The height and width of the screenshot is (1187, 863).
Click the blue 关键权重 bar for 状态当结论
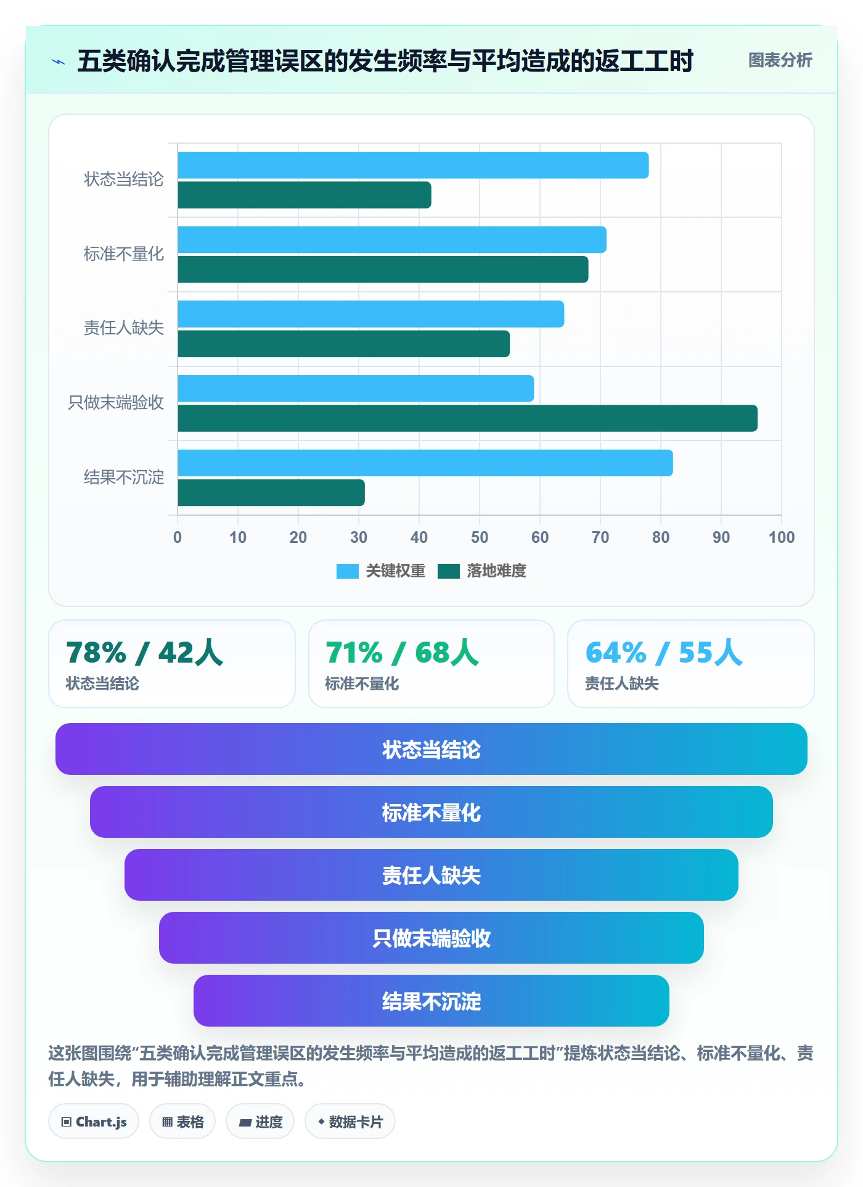click(x=413, y=165)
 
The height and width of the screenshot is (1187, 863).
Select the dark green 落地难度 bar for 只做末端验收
click(x=467, y=418)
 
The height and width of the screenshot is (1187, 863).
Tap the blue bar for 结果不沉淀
click(x=425, y=463)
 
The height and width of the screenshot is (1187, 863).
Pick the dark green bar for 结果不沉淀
click(x=271, y=492)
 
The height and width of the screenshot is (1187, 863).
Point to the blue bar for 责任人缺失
click(x=370, y=314)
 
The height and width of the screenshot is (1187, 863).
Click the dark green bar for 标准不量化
click(x=383, y=270)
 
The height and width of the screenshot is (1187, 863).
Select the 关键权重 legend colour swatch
click(x=347, y=571)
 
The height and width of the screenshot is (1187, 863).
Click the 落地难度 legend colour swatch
click(x=449, y=571)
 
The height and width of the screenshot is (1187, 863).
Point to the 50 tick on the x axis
click(x=480, y=537)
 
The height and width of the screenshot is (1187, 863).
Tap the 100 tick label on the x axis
click(x=782, y=537)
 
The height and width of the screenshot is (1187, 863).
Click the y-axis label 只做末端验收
click(x=116, y=403)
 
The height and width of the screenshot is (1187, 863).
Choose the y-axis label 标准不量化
click(x=124, y=254)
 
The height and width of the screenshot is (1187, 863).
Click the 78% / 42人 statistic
click(x=144, y=653)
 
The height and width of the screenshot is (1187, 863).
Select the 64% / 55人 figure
click(x=664, y=653)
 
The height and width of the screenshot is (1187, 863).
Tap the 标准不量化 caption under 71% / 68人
click(x=362, y=684)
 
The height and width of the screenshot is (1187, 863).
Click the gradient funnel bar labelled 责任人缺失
click(x=431, y=875)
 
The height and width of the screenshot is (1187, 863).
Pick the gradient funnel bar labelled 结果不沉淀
click(x=431, y=1001)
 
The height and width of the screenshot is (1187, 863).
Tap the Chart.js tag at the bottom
click(x=94, y=1122)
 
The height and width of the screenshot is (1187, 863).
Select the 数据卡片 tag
click(x=350, y=1122)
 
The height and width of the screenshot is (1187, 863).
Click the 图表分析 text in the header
click(x=780, y=60)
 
